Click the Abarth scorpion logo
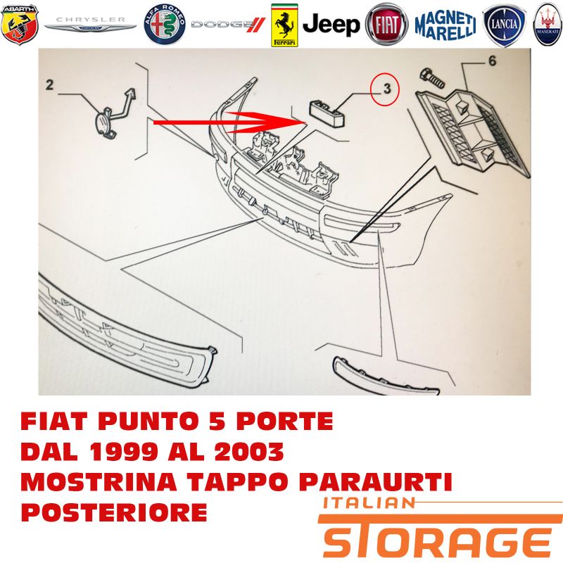[20, 25]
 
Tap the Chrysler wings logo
[90, 25]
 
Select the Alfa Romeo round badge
[165, 25]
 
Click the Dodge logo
[228, 25]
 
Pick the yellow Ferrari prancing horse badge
[284, 25]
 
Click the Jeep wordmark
[331, 25]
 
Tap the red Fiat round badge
[386, 25]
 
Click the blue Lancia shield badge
[504, 25]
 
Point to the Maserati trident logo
[548, 25]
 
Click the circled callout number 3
[386, 89]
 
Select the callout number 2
[49, 84]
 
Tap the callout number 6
[492, 61]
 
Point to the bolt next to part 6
[432, 77]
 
